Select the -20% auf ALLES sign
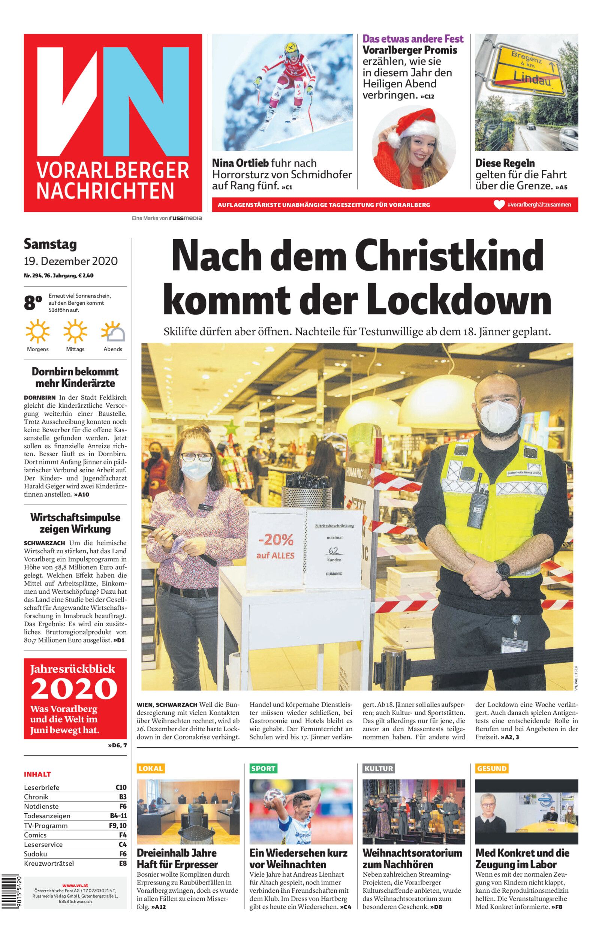pyautogui.click(x=276, y=547)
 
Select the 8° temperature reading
pyautogui.click(x=33, y=303)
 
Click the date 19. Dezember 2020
pyautogui.click(x=71, y=260)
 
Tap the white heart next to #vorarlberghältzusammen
pyautogui.click(x=499, y=204)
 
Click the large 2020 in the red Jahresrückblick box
pyautogui.click(x=74, y=689)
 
